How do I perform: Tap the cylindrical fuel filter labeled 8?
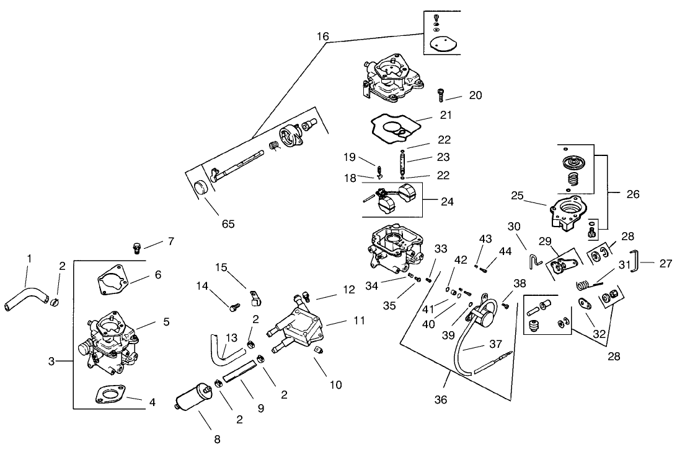[x=192, y=399]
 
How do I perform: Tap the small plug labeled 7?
[x=138, y=248]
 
